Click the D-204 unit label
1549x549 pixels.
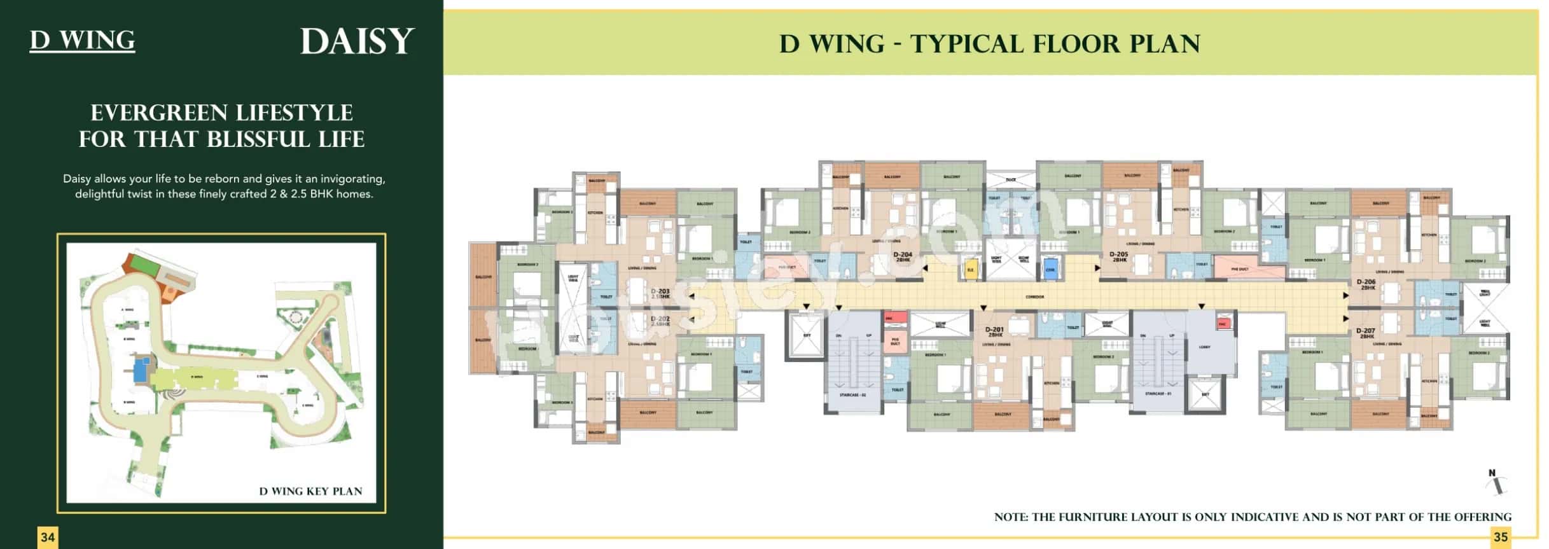902,256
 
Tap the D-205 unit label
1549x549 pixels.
1118,256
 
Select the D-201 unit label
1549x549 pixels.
994,331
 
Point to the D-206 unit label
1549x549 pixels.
1366,284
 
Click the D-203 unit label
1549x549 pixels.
660,293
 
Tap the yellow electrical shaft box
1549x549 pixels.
971,269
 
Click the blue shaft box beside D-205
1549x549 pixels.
1050,269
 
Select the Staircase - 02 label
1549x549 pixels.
852,395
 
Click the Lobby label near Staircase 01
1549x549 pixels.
1204,347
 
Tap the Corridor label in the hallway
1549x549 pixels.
1034,297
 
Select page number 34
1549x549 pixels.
48,537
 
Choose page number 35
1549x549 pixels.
1500,537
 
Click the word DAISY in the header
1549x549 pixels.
357,42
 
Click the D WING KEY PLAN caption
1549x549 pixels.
310,491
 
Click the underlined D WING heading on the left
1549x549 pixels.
82,40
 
